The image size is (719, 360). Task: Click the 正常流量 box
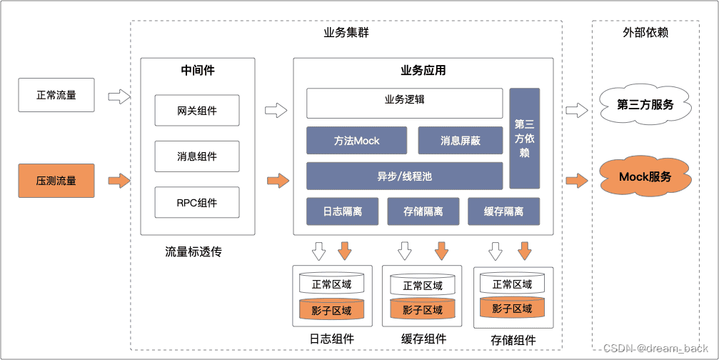[56, 95]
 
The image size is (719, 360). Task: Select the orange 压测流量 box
[56, 180]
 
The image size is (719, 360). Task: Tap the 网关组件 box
[197, 111]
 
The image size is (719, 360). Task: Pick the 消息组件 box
[197, 156]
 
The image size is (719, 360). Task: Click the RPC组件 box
[197, 202]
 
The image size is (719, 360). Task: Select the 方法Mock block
[356, 141]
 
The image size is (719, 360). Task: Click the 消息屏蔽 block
[461, 141]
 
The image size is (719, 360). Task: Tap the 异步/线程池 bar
[404, 176]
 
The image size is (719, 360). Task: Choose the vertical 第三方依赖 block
[525, 138]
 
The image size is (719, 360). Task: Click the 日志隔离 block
[342, 211]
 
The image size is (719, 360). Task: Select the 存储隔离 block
[423, 211]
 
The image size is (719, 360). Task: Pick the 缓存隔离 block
[503, 211]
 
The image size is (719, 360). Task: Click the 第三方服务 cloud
[645, 105]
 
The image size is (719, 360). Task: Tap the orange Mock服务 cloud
[645, 176]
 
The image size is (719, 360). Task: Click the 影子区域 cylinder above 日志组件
[331, 309]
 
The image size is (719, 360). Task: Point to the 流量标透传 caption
[193, 251]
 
